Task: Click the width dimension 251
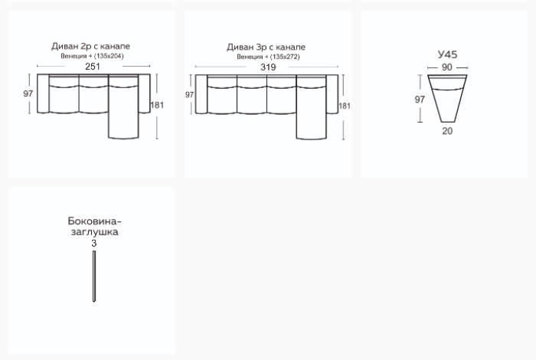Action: pos(93,67)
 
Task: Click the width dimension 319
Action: pos(268,67)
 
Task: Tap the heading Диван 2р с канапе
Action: pos(90,46)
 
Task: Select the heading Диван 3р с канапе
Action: pos(266,47)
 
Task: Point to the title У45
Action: pos(447,54)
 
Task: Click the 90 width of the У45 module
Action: pos(446,67)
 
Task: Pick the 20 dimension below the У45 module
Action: pos(447,131)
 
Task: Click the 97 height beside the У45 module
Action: pos(420,100)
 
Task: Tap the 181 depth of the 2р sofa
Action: pos(157,105)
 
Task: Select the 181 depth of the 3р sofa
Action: pos(345,106)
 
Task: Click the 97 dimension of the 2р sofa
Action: pos(28,93)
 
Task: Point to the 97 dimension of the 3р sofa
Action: pos(189,95)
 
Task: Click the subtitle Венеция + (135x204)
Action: pos(92,56)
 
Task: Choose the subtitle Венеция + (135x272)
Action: pos(268,57)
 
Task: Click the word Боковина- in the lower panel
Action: pos(94,221)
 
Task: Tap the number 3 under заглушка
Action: pos(94,244)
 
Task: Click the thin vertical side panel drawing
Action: pos(94,277)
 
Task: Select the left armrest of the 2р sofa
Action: pos(43,93)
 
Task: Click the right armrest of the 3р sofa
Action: pos(332,94)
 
